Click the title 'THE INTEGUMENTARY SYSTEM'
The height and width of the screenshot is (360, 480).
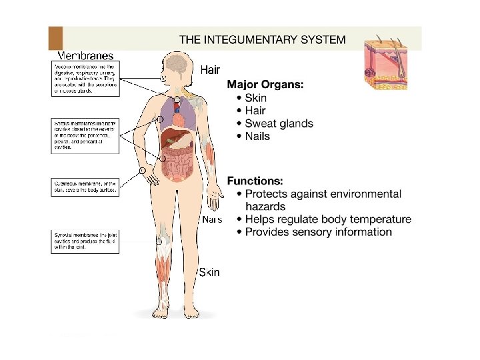pos(262,39)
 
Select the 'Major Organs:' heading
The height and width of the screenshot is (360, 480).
pos(265,85)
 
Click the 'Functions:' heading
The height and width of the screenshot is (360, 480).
pos(255,181)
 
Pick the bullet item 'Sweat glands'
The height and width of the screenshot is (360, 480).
pos(279,123)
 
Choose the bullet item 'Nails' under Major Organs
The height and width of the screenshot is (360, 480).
pos(257,136)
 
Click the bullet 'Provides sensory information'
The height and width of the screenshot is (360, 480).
pos(318,232)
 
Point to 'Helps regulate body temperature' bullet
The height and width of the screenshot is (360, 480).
pos(328,219)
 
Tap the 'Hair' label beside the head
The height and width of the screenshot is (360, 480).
pos(210,69)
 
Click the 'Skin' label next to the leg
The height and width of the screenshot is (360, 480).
pos(209,273)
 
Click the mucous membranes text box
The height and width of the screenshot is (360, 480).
pos(85,79)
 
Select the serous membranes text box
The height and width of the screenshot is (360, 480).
pos(85,135)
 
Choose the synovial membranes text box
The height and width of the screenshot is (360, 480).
pos(85,241)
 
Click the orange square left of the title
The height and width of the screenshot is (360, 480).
pos(55,38)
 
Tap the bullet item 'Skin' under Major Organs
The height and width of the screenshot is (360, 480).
pos(256,98)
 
